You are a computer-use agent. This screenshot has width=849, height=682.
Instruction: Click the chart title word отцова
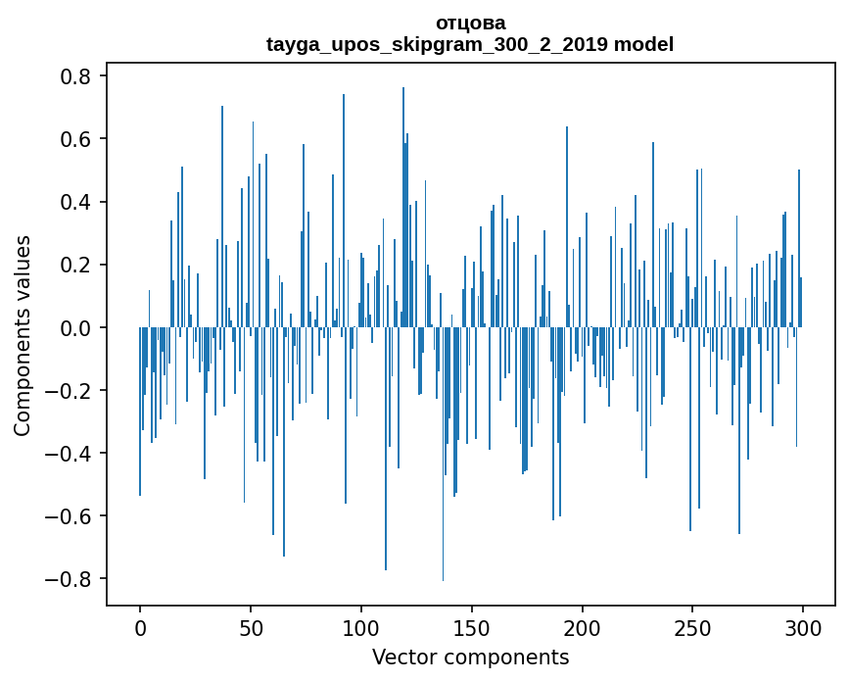click(470, 23)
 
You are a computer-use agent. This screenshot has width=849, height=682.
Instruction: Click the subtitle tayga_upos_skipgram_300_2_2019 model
click(470, 44)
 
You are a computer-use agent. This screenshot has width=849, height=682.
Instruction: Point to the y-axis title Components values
click(22, 335)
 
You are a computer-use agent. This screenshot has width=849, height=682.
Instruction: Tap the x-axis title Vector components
click(470, 657)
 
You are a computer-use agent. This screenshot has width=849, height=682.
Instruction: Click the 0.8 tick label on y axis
click(75, 76)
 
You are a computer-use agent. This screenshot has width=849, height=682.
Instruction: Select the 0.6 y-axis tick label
click(75, 139)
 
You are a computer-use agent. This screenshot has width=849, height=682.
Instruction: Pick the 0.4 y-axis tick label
click(75, 202)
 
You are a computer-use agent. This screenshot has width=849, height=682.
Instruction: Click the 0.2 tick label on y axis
click(75, 265)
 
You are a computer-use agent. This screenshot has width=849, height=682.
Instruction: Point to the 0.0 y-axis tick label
click(75, 327)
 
